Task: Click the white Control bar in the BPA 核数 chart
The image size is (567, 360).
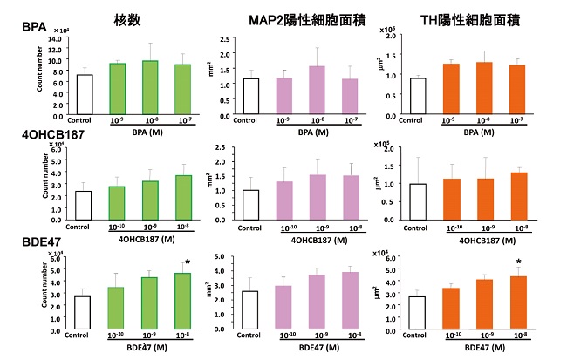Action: click(85, 95)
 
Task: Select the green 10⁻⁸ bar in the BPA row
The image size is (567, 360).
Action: click(150, 88)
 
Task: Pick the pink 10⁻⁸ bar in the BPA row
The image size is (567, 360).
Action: click(317, 91)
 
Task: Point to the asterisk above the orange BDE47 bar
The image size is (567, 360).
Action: click(518, 262)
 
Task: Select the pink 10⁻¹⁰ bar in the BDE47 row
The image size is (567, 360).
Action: click(283, 308)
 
